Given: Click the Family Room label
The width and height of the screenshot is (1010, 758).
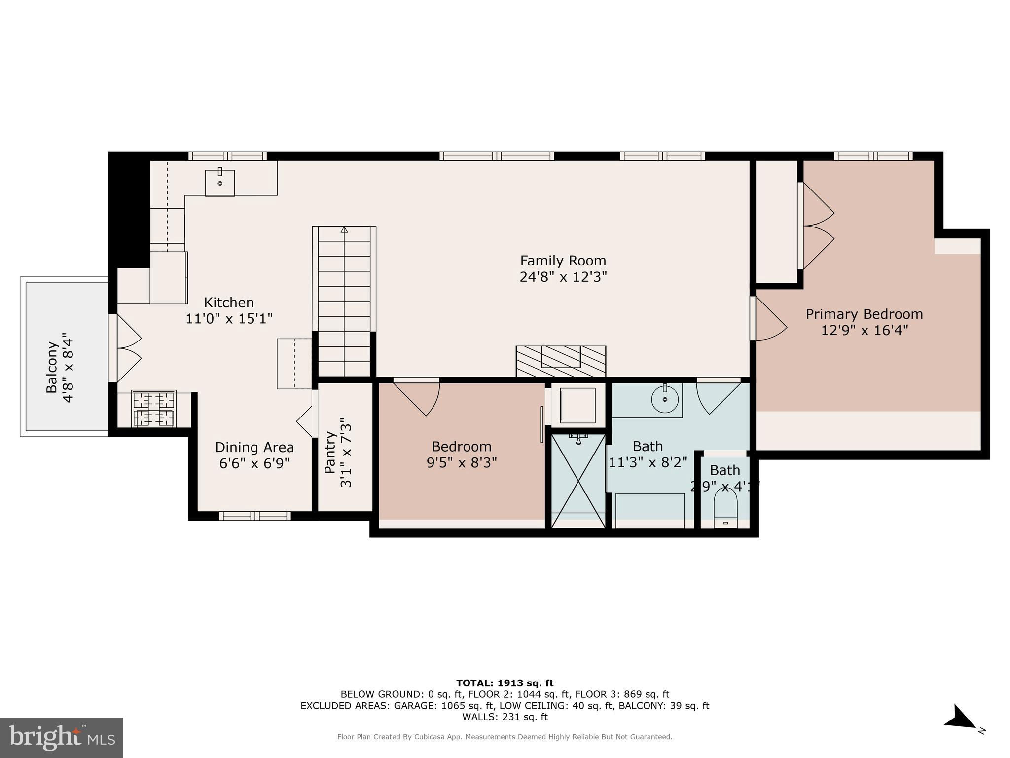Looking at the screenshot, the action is pos(563,261).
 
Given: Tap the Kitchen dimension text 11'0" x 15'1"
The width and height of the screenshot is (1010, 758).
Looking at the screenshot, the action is pos(229,319).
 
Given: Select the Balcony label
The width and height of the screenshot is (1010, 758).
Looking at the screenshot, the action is pos(52,366).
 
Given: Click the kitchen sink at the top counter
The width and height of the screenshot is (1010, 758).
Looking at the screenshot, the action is pos(220,183).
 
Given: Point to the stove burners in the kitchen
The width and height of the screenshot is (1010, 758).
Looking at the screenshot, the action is pos(154,409).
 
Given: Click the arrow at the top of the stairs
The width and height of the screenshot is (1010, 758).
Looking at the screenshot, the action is pos(344,229).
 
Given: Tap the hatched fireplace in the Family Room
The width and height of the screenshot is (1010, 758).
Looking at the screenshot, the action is pos(561,361).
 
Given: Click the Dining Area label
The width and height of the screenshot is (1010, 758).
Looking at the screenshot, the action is pos(254,447).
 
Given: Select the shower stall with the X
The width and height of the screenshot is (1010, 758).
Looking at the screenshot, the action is pos(578,481).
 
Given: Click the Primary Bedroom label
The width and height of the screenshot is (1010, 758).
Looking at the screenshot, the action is pos(865,314).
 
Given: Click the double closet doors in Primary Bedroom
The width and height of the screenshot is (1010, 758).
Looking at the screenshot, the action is pos(816,226).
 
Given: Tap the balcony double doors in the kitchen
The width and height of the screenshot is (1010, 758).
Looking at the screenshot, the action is pos(125,348).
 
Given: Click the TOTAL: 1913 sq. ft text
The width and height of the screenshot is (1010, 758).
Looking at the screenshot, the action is pos(505,683).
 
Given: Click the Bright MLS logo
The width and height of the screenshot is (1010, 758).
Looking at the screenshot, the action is pos(62,737).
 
